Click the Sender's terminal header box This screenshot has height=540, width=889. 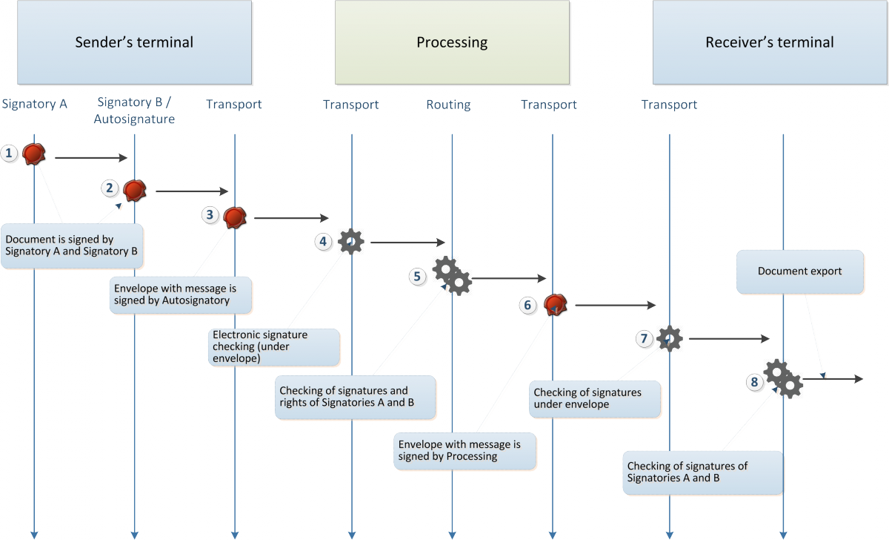[134, 42]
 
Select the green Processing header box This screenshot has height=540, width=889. [452, 42]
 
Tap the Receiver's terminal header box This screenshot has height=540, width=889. [769, 42]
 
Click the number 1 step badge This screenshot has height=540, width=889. [10, 154]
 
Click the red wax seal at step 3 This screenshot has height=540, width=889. [235, 217]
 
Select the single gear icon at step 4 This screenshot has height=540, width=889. [350, 241]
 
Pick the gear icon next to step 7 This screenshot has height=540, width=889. [670, 338]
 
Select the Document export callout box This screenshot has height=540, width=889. [800, 271]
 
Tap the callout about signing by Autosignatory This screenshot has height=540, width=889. [182, 295]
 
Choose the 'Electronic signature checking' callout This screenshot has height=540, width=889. [276, 346]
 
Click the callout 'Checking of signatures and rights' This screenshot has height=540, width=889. [356, 397]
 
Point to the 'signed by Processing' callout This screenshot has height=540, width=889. [465, 450]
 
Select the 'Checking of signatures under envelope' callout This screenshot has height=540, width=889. [596, 398]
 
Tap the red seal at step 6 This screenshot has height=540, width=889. [556, 304]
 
